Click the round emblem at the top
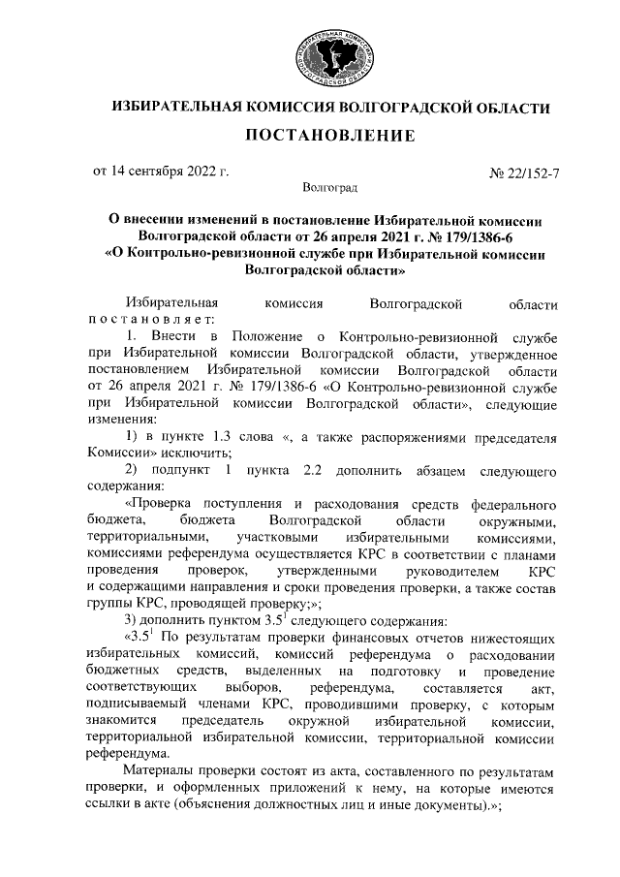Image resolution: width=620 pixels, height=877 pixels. tap(333, 54)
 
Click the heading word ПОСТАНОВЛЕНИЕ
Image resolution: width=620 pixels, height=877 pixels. tap(329, 135)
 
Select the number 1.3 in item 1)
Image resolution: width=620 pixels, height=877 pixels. tap(240, 438)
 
